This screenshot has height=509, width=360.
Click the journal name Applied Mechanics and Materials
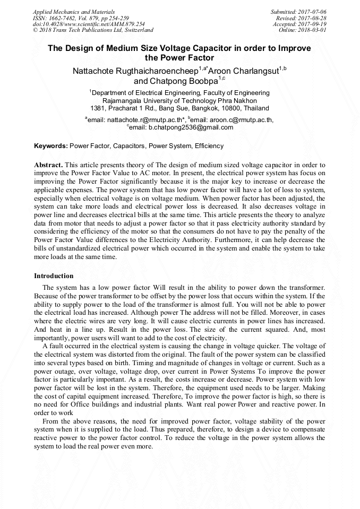coord(74,12)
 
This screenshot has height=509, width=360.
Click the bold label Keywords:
coord(51,146)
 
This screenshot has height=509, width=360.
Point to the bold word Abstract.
coord(49,165)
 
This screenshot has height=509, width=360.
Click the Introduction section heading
coord(54,276)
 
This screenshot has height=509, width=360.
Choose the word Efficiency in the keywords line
coord(209,146)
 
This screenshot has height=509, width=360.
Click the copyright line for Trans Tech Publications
coord(93,30)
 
